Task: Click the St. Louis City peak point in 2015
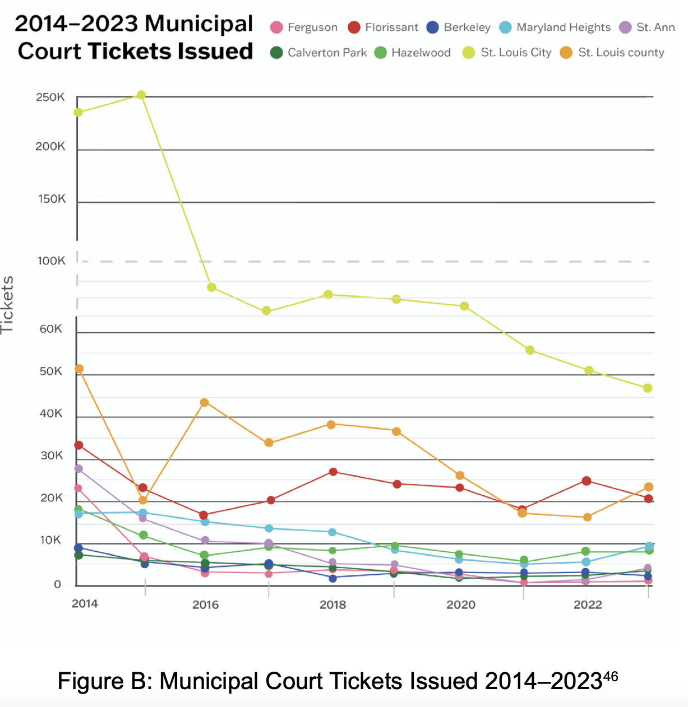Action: point(141,95)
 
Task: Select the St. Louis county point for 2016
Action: point(205,403)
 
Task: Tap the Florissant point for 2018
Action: point(333,472)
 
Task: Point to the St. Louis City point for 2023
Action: point(648,388)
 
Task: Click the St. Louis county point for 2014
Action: point(79,369)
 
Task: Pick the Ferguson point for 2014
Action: point(78,489)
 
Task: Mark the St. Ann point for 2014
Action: point(79,469)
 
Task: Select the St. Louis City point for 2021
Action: point(530,350)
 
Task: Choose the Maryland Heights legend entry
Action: point(555,27)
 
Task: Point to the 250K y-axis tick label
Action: point(50,97)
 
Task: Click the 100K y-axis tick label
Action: point(52,261)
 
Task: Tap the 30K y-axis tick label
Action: point(52,455)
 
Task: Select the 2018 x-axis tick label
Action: point(333,605)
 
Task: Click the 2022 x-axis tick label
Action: point(588,605)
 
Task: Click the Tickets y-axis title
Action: point(8,305)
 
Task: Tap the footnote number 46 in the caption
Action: point(611,676)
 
